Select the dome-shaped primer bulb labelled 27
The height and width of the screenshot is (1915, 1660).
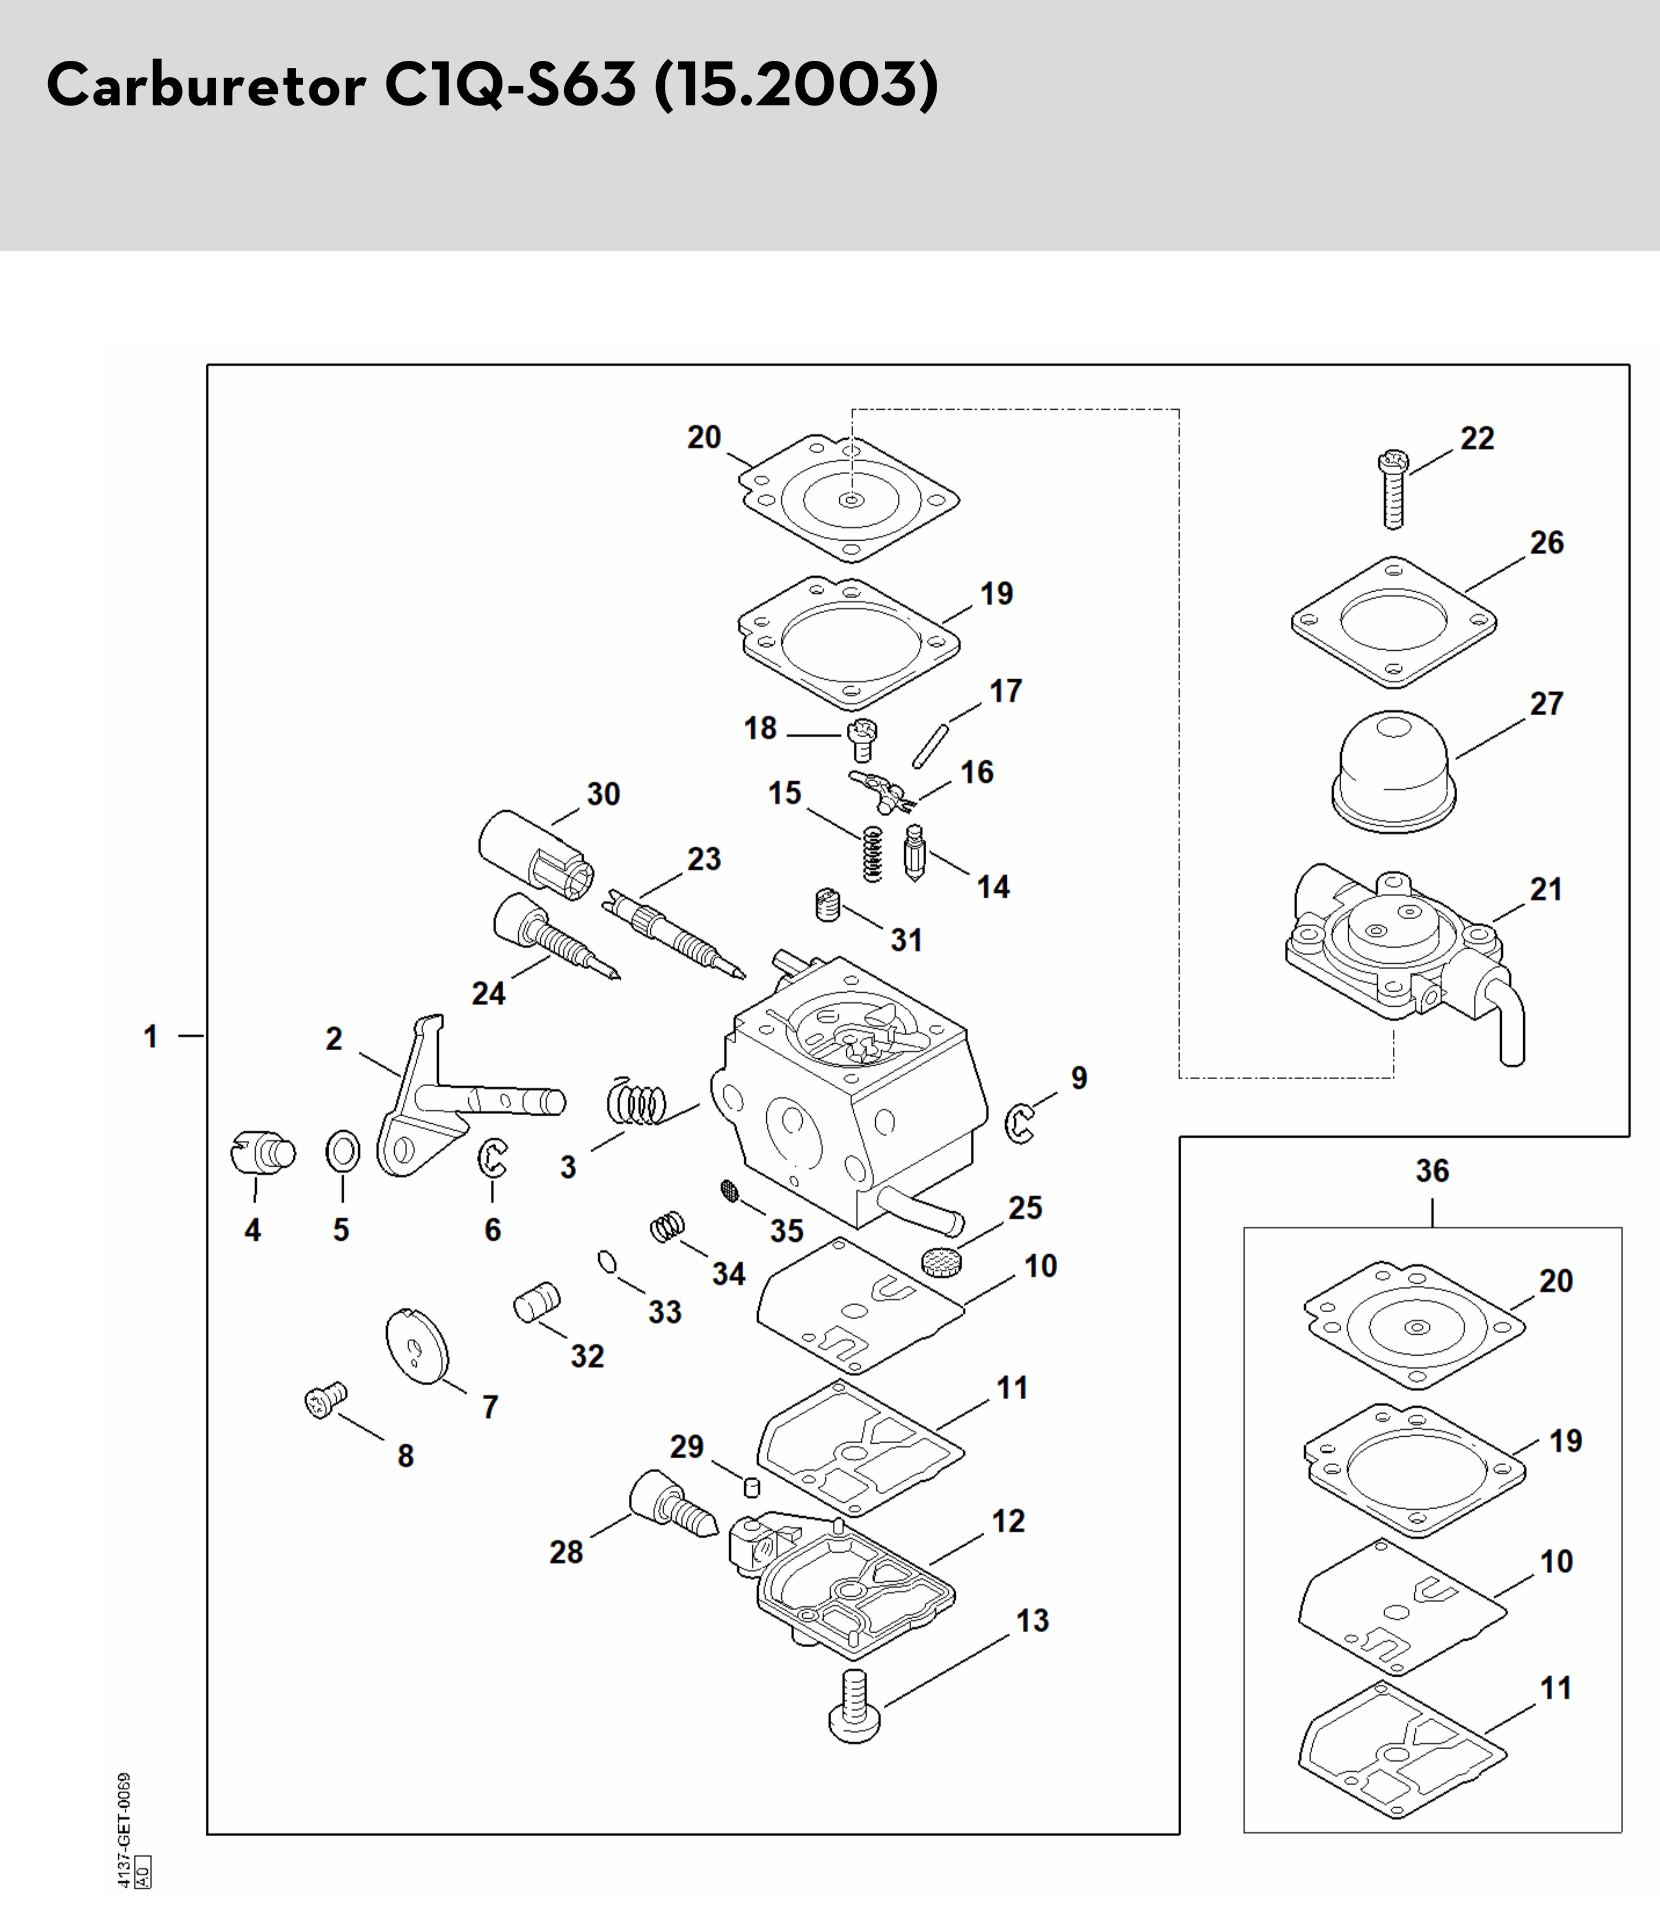coord(1393,772)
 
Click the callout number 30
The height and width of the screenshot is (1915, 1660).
coord(603,794)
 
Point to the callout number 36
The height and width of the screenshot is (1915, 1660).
coord(1432,1171)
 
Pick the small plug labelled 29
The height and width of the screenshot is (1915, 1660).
coord(752,1487)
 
